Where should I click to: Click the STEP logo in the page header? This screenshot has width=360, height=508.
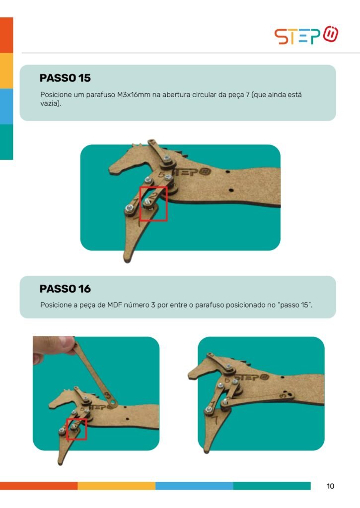pyautogui.click(x=306, y=35)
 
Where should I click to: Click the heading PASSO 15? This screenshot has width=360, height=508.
pyautogui.click(x=65, y=78)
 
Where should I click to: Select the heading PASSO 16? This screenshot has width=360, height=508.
pyautogui.click(x=65, y=289)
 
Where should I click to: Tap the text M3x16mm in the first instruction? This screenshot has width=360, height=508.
pyautogui.click(x=134, y=95)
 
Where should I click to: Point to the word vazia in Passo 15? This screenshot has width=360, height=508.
pyautogui.click(x=50, y=104)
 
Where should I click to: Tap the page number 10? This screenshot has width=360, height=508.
pyautogui.click(x=330, y=486)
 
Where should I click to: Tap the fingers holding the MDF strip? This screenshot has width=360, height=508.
pyautogui.click(x=54, y=347)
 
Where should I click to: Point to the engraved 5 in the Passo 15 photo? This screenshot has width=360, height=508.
pyautogui.click(x=161, y=175)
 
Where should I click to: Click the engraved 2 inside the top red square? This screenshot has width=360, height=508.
pyautogui.click(x=154, y=195)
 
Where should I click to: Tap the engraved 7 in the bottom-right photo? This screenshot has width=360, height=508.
pyautogui.click(x=215, y=420)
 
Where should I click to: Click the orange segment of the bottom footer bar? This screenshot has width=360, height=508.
pyautogui.click(x=39, y=486)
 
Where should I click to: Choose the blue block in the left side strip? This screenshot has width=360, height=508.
pyautogui.click(x=6, y=106)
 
